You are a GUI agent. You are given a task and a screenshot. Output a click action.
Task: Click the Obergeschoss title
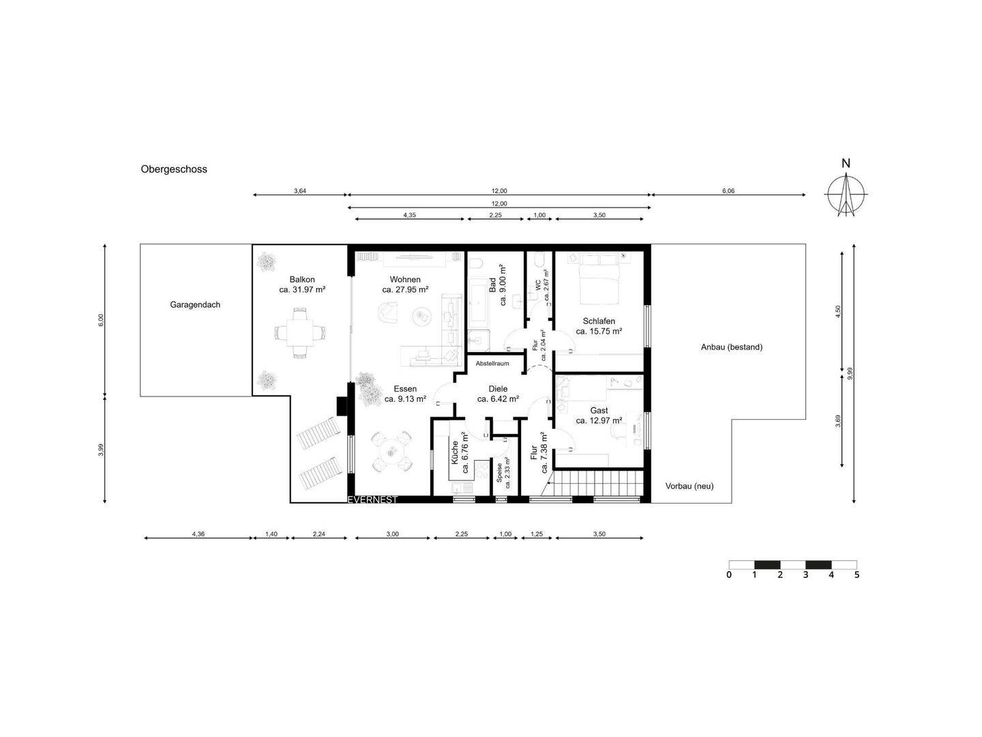pos(174,169)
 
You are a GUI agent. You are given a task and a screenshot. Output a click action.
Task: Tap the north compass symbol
pos(846,194)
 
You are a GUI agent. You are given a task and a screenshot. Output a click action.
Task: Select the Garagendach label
pos(195,305)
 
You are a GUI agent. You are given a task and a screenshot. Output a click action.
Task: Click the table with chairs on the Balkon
pos(300,333)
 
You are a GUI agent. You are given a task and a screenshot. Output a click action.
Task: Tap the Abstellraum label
pos(492,363)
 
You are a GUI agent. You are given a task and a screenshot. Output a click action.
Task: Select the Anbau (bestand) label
pos(732,347)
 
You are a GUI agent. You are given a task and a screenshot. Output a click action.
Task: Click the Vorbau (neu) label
pos(689,486)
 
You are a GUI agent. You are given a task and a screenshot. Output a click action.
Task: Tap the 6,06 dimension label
pos(728,191)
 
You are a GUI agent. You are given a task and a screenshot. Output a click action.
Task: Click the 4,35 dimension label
pos(409,215)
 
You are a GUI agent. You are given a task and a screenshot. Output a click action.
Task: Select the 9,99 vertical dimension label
pos(850,374)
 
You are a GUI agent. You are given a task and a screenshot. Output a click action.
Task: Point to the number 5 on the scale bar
pos(857,575)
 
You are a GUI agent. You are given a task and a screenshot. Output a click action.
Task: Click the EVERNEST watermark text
pos(372,500)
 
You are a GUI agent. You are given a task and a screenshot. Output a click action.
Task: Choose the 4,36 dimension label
pos(198,534)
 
